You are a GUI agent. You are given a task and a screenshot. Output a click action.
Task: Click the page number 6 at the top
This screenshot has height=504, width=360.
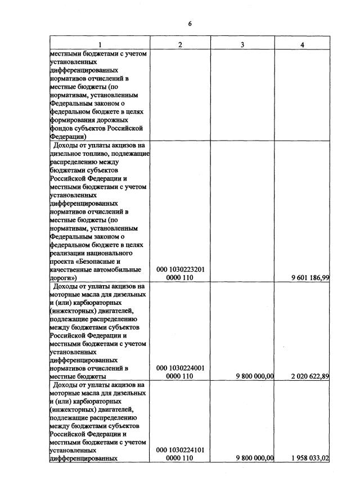coord(190,24)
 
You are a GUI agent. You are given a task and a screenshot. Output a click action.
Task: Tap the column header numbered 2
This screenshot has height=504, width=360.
coord(180,45)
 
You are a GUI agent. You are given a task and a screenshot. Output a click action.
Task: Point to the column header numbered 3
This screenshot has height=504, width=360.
coord(242,45)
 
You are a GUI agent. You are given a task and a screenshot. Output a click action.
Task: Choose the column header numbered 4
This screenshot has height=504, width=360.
coord(302,45)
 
